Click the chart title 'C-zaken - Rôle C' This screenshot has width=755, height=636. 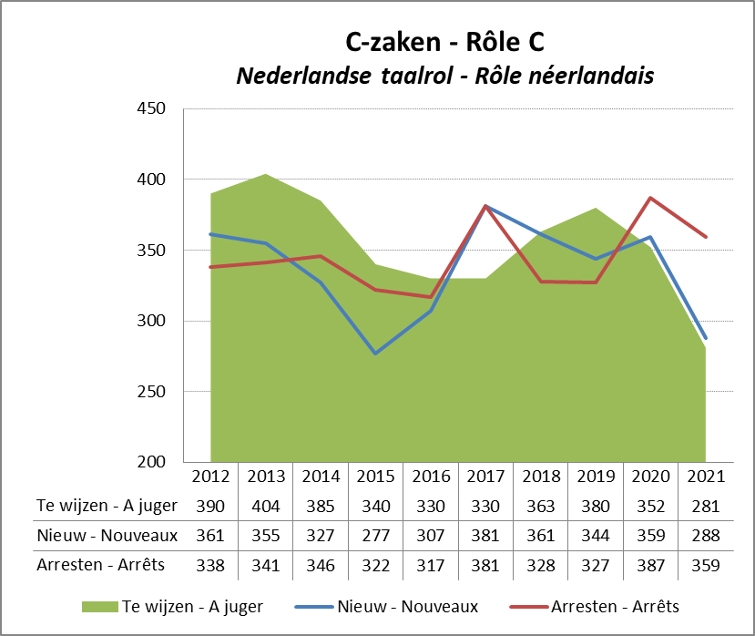[x=445, y=42]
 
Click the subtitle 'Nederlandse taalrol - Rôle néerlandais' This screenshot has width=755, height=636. [x=445, y=76]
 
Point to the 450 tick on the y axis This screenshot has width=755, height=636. [x=150, y=109]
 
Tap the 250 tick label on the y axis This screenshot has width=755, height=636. [x=150, y=392]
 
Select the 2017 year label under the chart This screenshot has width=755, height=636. [x=485, y=477]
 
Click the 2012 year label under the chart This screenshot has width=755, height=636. [x=210, y=477]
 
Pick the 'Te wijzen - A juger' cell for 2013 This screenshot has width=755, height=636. [x=265, y=506]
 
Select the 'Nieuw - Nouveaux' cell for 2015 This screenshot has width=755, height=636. [x=375, y=535]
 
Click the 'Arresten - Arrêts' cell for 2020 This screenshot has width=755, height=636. [x=650, y=565]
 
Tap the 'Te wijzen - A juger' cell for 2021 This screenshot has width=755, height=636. [x=705, y=506]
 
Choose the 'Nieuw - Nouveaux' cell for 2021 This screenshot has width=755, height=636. [x=705, y=535]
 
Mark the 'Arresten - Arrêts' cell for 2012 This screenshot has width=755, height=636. [x=210, y=565]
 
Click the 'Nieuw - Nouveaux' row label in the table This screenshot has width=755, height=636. [x=107, y=535]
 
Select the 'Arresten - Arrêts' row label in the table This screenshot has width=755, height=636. [x=100, y=565]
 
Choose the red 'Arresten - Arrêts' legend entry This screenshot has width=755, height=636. [x=615, y=606]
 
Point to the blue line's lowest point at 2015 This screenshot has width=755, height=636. [x=375, y=353]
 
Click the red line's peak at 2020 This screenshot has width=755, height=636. [x=650, y=198]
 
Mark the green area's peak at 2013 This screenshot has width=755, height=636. [x=265, y=174]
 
